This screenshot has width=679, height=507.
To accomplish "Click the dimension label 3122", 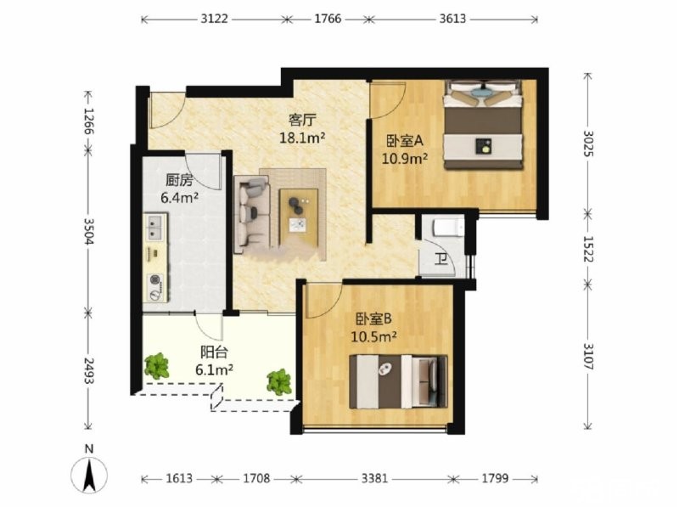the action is pyautogui.click(x=214, y=19).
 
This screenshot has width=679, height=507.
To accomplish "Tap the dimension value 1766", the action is pyautogui.click(x=328, y=19).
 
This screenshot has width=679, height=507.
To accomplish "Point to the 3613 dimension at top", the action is pyautogui.click(x=452, y=19).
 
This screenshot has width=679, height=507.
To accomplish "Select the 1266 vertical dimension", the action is pyautogui.click(x=89, y=121).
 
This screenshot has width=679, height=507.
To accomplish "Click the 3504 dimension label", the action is pyautogui.click(x=89, y=231).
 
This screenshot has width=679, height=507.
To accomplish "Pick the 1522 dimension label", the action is pyautogui.click(x=588, y=249).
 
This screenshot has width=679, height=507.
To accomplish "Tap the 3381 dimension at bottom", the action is pyautogui.click(x=374, y=479).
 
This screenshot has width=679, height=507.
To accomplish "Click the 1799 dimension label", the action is pyautogui.click(x=495, y=479).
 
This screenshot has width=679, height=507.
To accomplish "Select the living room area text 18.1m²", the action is pyautogui.click(x=302, y=138).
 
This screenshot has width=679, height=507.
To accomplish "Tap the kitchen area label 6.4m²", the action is pyautogui.click(x=179, y=198).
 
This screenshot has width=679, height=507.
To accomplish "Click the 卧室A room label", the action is pyautogui.click(x=405, y=141).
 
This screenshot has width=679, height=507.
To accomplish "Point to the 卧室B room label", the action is pyautogui.click(x=373, y=319).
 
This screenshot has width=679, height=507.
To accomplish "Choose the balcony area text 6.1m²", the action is pyautogui.click(x=215, y=369).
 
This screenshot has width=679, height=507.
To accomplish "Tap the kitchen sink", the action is pyautogui.click(x=155, y=227).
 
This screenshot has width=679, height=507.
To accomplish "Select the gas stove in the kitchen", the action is pyautogui.click(x=155, y=287).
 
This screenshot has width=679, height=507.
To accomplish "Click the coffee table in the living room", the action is pyautogui.click(x=299, y=217).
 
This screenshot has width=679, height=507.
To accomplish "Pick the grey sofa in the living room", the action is pyautogui.click(x=251, y=214).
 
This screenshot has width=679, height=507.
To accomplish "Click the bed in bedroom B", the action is pyautogui.click(x=398, y=382).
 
